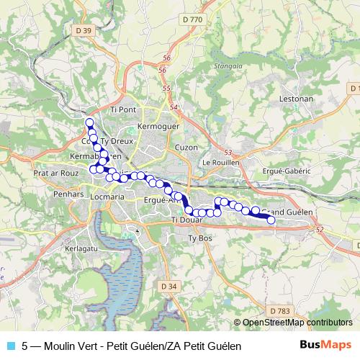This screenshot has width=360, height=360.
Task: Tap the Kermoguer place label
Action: point(156,126)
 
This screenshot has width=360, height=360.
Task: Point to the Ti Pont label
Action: point(123,109)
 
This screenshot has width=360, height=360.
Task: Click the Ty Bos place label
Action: point(200,238)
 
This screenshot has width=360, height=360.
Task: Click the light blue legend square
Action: point(9,346)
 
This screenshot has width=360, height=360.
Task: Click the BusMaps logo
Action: point(325,346)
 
